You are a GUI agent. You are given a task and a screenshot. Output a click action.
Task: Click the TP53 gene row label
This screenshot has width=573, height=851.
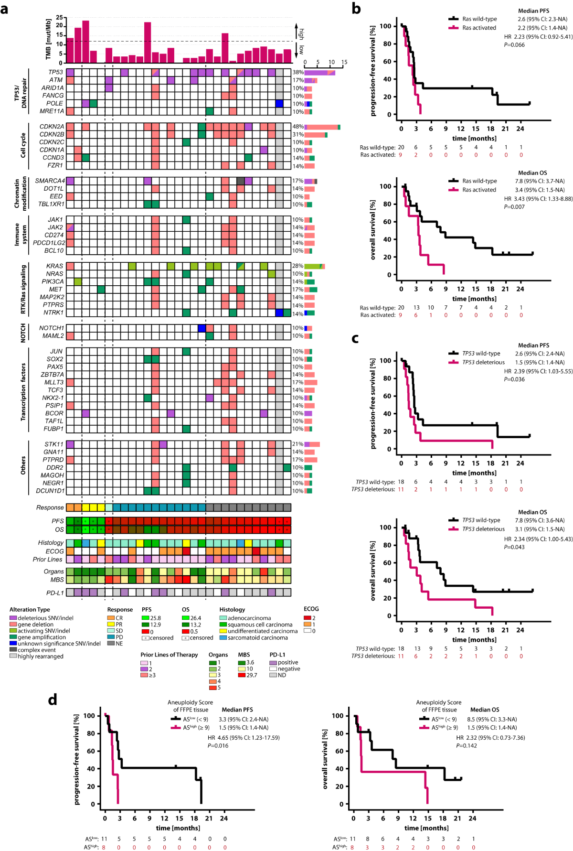55,72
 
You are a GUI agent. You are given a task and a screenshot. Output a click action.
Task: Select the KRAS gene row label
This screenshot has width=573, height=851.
54,266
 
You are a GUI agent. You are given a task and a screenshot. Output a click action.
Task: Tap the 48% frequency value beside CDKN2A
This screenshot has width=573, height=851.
298,127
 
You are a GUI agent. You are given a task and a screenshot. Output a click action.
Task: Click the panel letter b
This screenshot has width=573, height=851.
356,8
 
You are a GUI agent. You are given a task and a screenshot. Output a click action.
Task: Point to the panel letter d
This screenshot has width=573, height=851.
53,700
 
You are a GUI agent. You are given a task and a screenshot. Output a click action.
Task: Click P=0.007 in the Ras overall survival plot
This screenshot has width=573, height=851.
514,207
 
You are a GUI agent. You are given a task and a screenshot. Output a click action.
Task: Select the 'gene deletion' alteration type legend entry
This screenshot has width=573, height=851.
35,625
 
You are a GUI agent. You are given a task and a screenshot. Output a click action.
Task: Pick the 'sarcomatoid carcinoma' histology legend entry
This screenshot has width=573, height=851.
258,637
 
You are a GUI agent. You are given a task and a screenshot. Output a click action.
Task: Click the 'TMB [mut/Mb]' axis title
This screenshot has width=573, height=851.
48,40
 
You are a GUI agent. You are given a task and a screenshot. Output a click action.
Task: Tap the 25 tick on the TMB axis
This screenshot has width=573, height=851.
60,18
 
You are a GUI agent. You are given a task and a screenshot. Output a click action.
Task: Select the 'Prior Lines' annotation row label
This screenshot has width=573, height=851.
48,560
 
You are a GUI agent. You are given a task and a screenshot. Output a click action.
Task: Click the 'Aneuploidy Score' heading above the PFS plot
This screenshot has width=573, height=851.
190,702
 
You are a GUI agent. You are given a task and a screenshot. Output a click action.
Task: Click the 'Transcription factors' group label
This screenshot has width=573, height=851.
23,392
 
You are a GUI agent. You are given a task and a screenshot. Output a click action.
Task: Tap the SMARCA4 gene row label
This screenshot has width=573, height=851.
50,181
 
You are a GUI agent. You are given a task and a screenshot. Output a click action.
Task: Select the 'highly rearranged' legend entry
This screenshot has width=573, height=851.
40,656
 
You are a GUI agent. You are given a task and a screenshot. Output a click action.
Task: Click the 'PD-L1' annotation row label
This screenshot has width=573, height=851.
55,593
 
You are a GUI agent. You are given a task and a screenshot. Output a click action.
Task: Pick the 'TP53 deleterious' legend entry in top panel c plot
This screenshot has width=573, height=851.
483,362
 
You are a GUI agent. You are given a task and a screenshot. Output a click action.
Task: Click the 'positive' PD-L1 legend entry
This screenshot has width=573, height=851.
288,662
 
